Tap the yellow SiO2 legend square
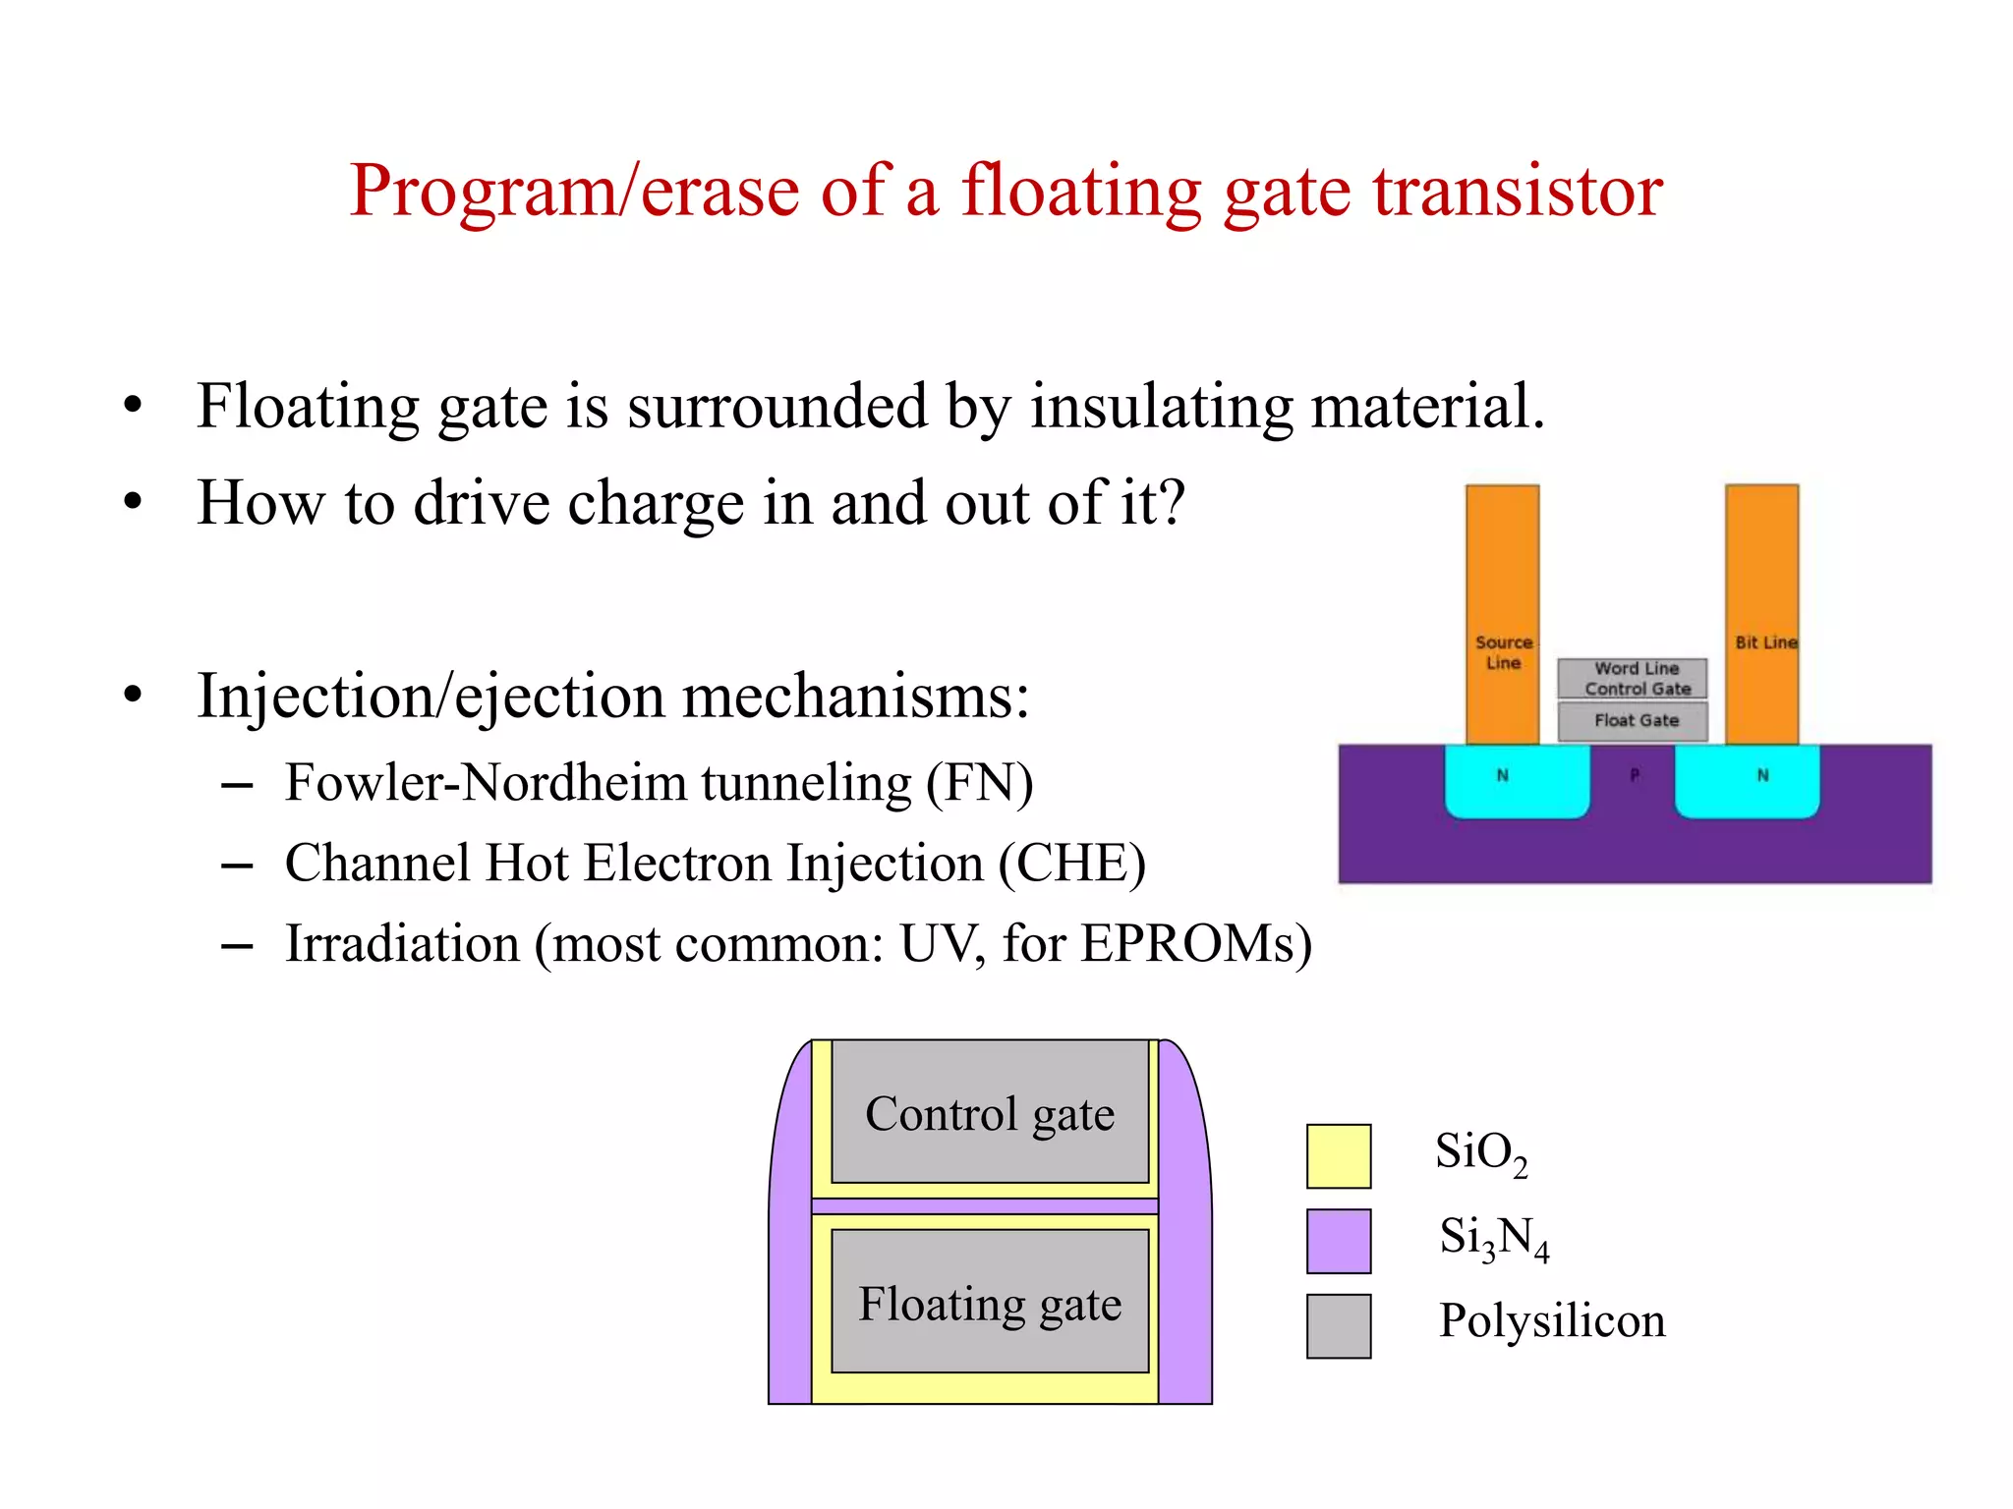[x=1338, y=1156]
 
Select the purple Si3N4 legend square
[x=1338, y=1241]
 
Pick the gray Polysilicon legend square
[x=1338, y=1325]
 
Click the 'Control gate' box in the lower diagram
[x=990, y=1113]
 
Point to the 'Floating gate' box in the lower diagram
[x=990, y=1303]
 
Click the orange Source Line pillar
[x=1502, y=570]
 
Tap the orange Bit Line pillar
[x=1761, y=570]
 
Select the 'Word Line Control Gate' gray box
[x=1632, y=679]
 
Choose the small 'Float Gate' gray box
[x=1632, y=721]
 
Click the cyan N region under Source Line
[x=1516, y=781]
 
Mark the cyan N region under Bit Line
[x=1747, y=781]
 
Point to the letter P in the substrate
[x=1634, y=775]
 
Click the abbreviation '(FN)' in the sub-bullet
[x=979, y=784]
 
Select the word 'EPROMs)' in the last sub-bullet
[x=1195, y=944]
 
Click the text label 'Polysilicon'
[x=1551, y=1320]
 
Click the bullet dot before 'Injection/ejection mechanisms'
[x=133, y=695]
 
